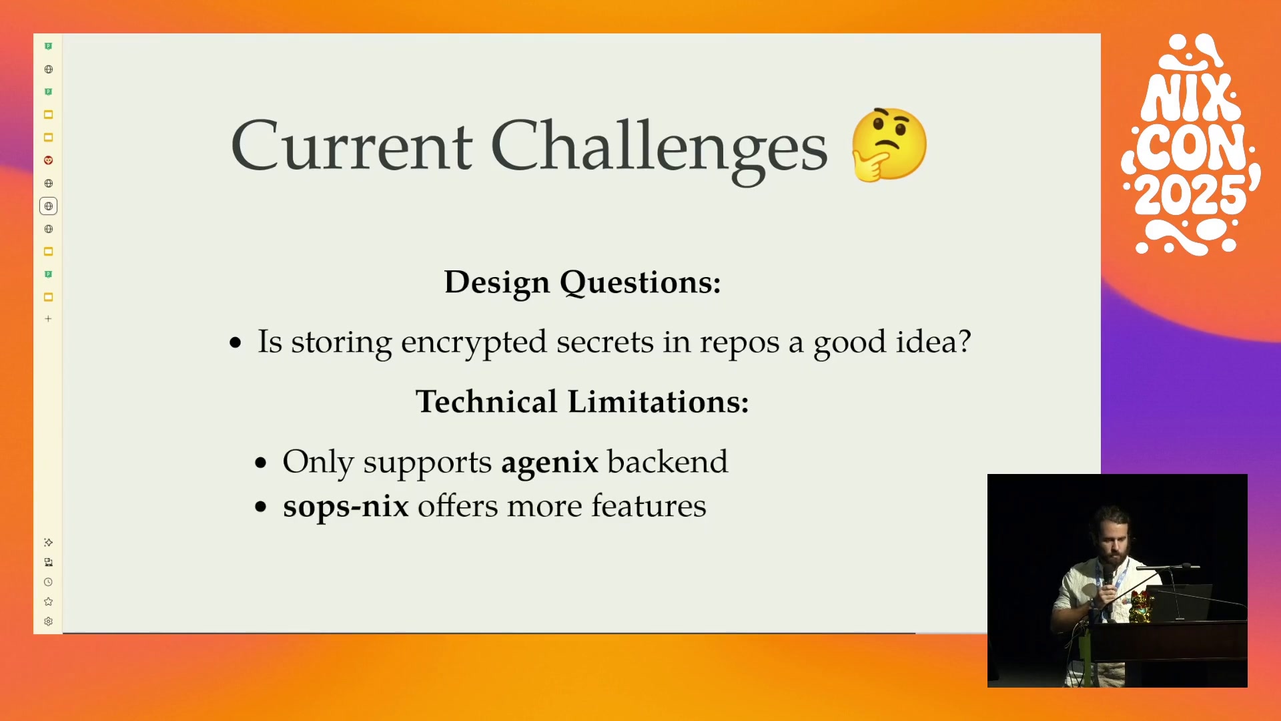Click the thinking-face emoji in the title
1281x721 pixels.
tap(889, 145)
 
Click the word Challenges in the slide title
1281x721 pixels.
tap(659, 148)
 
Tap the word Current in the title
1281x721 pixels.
tap(352, 146)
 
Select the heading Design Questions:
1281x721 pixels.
tap(582, 282)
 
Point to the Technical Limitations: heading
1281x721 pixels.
tap(582, 402)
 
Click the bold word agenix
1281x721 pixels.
tap(550, 463)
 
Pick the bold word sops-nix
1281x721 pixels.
tap(346, 507)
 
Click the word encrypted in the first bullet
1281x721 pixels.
tap(474, 343)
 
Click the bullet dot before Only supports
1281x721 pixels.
tap(261, 463)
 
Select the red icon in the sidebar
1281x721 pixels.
tap(48, 160)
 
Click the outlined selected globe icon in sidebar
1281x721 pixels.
tap(48, 206)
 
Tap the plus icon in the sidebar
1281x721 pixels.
tap(48, 319)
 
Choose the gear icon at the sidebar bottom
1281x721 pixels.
tap(48, 622)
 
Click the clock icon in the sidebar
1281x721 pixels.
tap(48, 582)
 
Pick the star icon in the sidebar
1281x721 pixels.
tap(48, 602)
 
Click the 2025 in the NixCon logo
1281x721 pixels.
tap(1192, 196)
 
